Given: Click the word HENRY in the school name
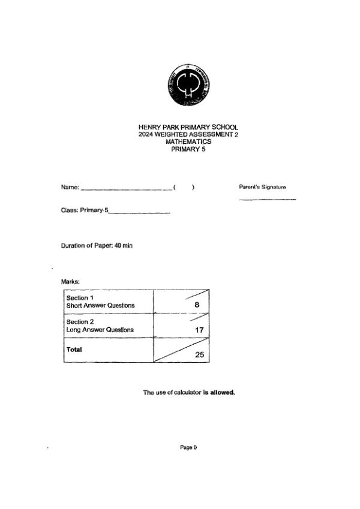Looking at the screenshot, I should tap(149, 128).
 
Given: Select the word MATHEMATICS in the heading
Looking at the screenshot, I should tap(188, 142).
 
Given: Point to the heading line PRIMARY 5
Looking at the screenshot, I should tap(188, 149).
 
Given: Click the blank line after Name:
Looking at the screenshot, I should tap(126, 189).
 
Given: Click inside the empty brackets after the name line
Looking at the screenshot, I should tap(184, 188).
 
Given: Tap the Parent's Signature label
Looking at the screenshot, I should tap(262, 187).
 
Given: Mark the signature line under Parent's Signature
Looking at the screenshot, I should tap(267, 199).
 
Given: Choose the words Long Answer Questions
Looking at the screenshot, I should tap(100, 330).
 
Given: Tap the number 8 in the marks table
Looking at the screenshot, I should tap(197, 305).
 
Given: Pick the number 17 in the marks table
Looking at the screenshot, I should tap(200, 330).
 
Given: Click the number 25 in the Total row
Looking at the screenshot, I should tap(199, 355).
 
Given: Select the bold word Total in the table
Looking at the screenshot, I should tap(74, 349).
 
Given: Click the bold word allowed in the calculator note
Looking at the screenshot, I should tap(222, 393).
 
